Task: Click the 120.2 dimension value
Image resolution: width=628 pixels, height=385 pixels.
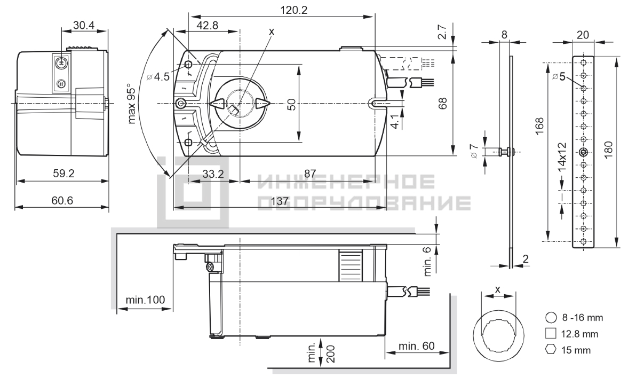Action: click(x=293, y=10)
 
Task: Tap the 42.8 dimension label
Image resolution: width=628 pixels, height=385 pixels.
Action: click(x=208, y=25)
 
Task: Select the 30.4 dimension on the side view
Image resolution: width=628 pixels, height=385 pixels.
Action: click(x=84, y=25)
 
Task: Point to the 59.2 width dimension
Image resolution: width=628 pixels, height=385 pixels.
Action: click(x=63, y=174)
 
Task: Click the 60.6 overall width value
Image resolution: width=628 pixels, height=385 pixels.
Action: click(x=62, y=200)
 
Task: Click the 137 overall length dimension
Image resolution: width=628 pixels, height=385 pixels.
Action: click(x=280, y=201)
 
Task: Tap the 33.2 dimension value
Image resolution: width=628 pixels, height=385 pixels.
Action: click(x=213, y=174)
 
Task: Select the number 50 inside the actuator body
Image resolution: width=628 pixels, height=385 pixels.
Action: click(x=292, y=105)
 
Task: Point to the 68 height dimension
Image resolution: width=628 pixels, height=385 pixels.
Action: click(x=442, y=104)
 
